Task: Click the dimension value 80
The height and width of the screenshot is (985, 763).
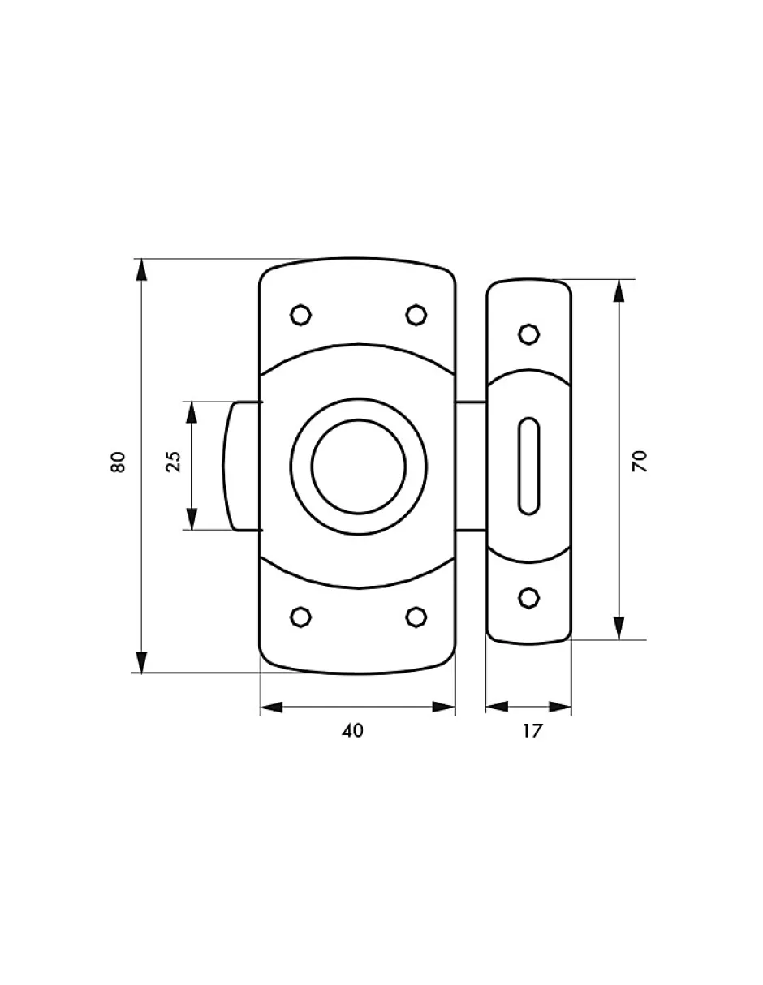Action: (x=118, y=462)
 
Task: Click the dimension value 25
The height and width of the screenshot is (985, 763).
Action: (x=173, y=462)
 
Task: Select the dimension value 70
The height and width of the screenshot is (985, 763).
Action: (x=640, y=462)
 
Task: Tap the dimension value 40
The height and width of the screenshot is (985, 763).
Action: (x=353, y=730)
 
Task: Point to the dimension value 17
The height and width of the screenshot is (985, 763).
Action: (x=532, y=730)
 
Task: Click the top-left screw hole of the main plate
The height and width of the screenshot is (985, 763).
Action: (x=300, y=315)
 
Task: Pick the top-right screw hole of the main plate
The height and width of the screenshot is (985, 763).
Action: (x=416, y=315)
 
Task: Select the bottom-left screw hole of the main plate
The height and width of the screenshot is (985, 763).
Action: (x=300, y=617)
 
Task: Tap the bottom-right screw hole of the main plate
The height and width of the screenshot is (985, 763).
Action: (x=416, y=617)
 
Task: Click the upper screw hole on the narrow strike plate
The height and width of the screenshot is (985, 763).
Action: (x=528, y=335)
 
